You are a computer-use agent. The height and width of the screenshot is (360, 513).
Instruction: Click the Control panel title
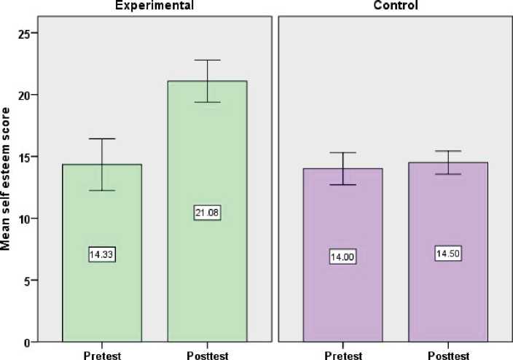tap(394, 6)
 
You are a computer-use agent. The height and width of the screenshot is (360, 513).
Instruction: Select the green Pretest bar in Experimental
tap(101, 291)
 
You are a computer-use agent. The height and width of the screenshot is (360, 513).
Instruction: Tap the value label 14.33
tap(102, 255)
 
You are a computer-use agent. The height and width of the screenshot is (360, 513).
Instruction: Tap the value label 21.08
tap(207, 214)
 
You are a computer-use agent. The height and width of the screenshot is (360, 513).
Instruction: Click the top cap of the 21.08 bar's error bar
tap(207, 60)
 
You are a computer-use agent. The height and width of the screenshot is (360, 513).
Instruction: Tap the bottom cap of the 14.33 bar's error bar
tap(102, 190)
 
